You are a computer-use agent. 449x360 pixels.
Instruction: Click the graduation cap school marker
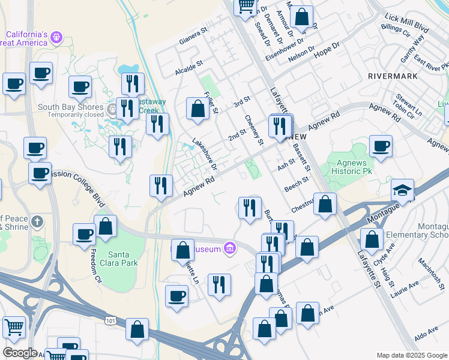402,191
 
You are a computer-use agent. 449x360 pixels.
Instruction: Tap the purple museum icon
229,247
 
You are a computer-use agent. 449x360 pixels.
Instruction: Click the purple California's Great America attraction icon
56,37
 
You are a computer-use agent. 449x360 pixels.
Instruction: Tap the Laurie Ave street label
405,291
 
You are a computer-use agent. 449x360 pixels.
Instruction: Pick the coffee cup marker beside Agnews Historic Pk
381,146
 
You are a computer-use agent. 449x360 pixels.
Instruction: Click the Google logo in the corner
20,353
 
